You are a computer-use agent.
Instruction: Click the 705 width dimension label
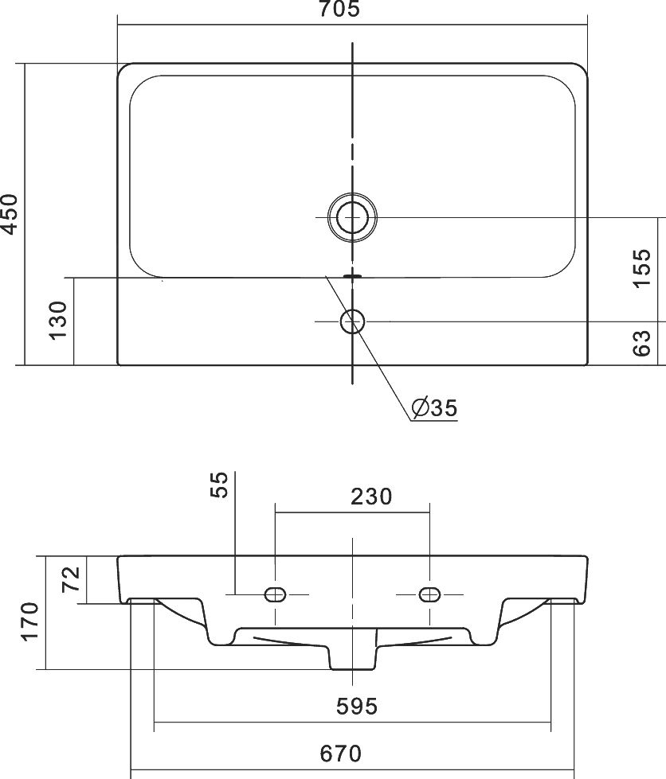pos(339,9)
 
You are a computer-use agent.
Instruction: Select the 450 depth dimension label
pos(10,213)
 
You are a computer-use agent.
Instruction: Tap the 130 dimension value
pos(58,320)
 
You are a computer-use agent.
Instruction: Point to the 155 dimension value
pos(641,268)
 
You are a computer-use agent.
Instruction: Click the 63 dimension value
pos(641,343)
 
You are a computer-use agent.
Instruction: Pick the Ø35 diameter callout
pos(434,408)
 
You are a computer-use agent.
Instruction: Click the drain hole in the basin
pos(352,217)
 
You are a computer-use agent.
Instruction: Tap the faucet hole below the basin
pos(352,321)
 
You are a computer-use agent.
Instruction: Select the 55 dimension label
pos(219,485)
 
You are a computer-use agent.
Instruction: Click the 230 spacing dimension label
pos(371,497)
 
